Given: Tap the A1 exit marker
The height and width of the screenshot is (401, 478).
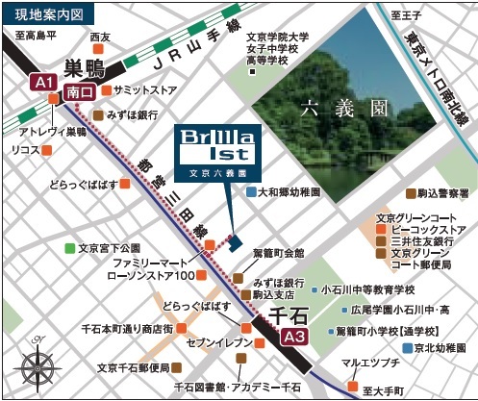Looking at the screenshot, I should pos(43,83).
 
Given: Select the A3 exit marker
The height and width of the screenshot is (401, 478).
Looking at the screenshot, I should pos(295,338).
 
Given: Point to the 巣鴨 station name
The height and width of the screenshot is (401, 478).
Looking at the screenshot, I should pos(85,67).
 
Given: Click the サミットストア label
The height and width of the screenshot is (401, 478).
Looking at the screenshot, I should pos(144,89).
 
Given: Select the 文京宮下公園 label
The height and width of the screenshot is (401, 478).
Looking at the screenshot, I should pos(109,248).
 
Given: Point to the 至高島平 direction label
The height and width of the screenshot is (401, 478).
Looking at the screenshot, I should pos(36,36).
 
